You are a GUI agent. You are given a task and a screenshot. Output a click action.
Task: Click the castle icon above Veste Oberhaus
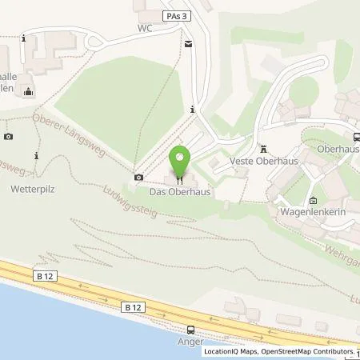coord(263,148)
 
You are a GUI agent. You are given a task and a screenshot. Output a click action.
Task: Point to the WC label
coord(144,27)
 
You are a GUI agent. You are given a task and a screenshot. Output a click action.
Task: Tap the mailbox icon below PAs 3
coord(189,43)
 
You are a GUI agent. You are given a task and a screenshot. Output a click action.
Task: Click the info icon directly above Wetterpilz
coord(36,155)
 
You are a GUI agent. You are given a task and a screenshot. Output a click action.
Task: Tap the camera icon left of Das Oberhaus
coord(139,177)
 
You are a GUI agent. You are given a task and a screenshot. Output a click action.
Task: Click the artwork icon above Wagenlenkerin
coord(313,201)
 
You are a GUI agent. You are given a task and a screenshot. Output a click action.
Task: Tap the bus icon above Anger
coord(190,330)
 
